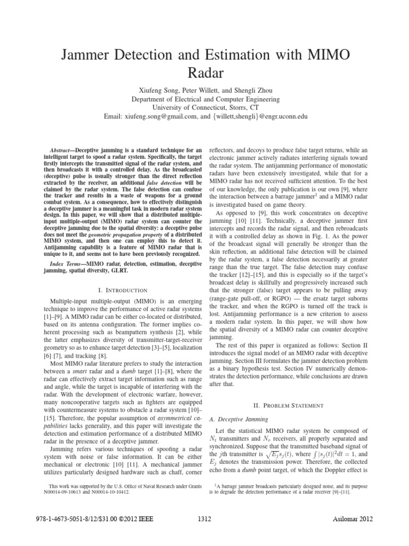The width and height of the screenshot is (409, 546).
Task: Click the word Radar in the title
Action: pyautogui.click(x=204, y=72)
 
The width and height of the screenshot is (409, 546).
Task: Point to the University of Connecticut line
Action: pyautogui.click(x=204, y=107)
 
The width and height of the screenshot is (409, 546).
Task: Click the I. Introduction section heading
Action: pyautogui.click(x=122, y=290)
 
